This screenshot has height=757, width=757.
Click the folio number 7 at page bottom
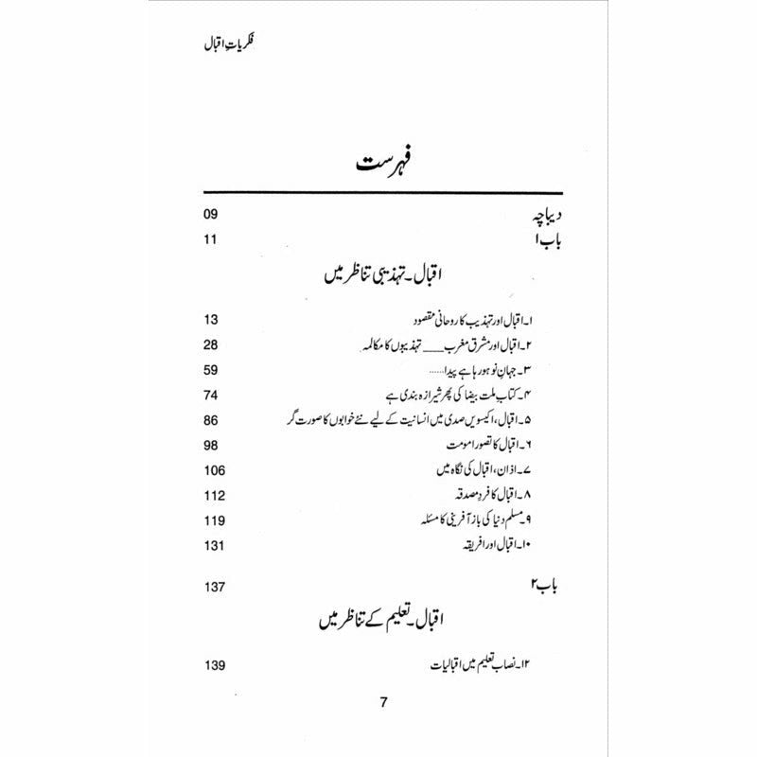(382, 702)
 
